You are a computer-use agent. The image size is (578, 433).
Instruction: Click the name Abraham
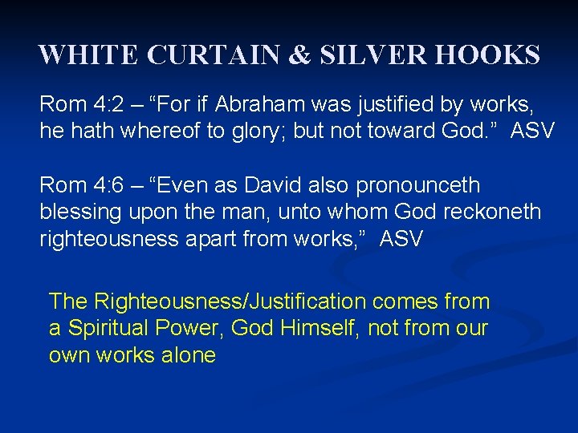click(261, 104)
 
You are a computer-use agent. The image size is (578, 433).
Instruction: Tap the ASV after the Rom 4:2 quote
click(532, 131)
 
